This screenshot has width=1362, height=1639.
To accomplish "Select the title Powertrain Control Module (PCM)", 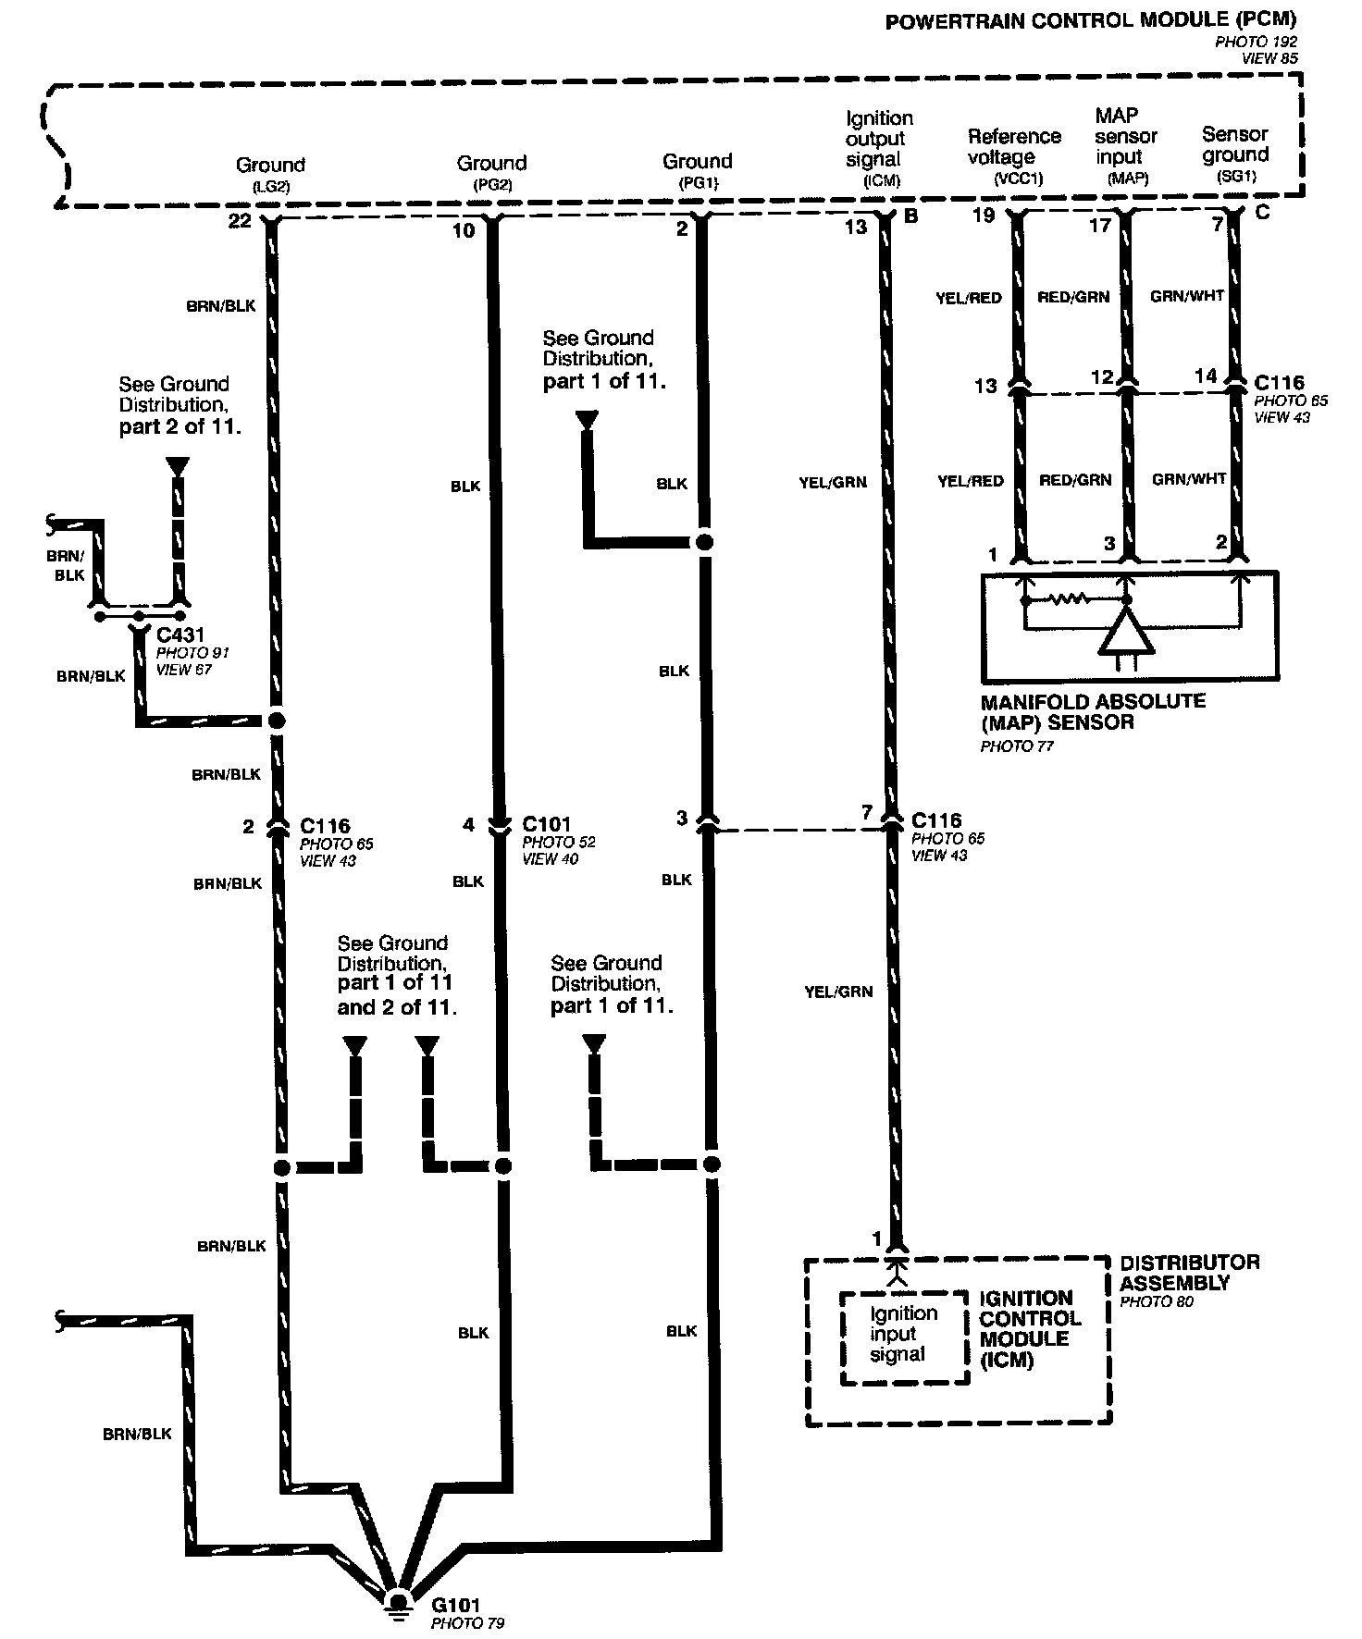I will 1091,20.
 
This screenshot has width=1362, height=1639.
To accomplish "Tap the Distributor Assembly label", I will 1189,1273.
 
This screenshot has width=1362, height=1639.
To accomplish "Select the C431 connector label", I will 180,635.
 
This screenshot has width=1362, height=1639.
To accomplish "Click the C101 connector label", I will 547,823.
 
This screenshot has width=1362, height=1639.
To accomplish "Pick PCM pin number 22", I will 240,222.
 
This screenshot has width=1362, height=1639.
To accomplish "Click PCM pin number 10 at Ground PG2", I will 464,230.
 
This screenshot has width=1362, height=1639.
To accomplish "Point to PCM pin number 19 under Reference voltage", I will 984,216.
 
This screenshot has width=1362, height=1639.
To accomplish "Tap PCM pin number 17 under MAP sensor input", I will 1099,225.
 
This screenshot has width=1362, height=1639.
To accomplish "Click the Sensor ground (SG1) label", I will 1235,154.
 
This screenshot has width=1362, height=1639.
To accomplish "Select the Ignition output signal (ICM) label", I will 877,148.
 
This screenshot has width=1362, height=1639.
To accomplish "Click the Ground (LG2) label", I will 270,173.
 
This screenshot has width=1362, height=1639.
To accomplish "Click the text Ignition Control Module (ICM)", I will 1030,1328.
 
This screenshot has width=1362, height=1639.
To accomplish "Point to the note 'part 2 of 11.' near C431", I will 180,428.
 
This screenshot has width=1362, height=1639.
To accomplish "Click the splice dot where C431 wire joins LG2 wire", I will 275,720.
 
